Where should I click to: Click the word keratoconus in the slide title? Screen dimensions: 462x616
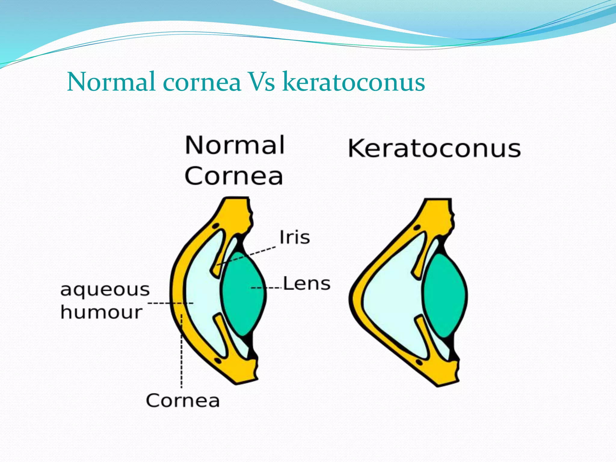(x=354, y=82)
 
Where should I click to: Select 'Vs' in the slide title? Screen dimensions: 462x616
(x=261, y=82)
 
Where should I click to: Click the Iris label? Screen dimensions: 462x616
(x=294, y=237)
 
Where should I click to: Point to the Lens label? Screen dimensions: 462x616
(x=307, y=284)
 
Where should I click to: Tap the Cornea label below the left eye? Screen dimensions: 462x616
(x=183, y=401)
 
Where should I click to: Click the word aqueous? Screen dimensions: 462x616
(x=105, y=290)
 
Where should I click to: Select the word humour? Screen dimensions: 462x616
(x=101, y=312)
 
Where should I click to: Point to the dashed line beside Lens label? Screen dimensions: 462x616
(x=266, y=288)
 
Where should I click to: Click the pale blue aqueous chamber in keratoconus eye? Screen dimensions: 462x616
(x=391, y=298)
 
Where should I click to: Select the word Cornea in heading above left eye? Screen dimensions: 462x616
(x=234, y=176)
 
